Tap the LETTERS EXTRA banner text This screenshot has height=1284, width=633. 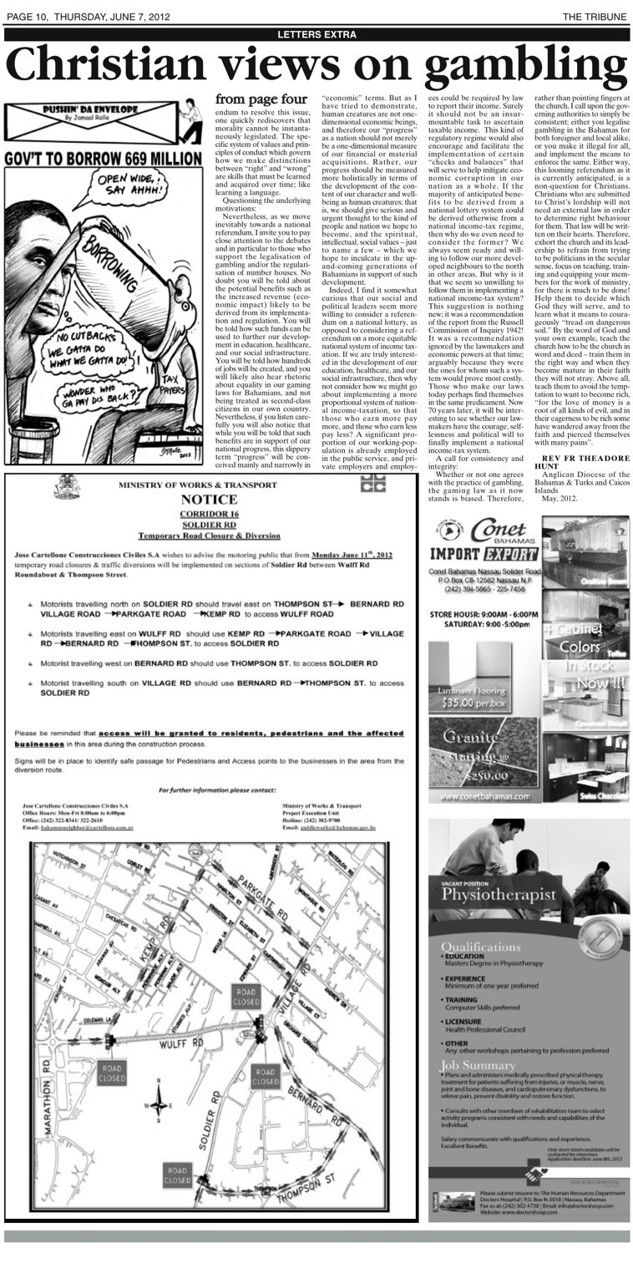tap(316, 34)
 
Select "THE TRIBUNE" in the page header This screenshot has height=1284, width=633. tap(594, 17)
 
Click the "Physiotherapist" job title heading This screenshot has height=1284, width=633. tap(499, 896)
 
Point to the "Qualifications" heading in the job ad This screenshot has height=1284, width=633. tap(480, 947)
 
